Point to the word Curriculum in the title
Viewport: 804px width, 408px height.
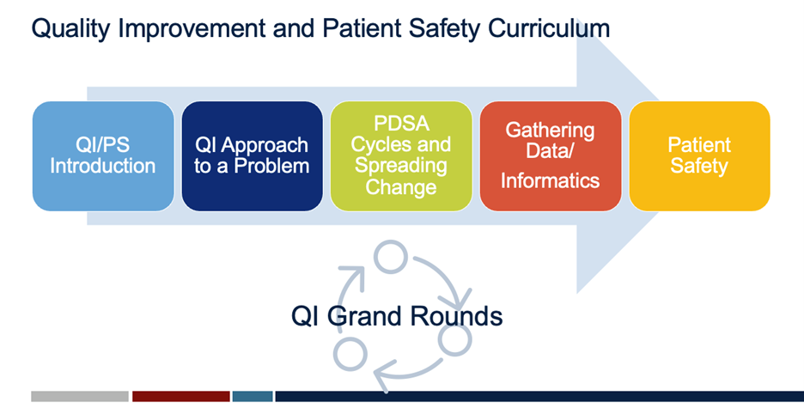point(550,28)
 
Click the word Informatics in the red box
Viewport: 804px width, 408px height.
point(550,180)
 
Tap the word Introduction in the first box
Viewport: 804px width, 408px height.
point(103,165)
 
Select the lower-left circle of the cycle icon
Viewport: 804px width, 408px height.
point(350,353)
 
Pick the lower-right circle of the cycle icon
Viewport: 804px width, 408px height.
point(454,340)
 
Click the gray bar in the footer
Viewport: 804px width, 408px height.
point(80,396)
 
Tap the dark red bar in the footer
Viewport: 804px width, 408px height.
point(180,396)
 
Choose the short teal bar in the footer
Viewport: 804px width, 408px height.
point(253,396)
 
